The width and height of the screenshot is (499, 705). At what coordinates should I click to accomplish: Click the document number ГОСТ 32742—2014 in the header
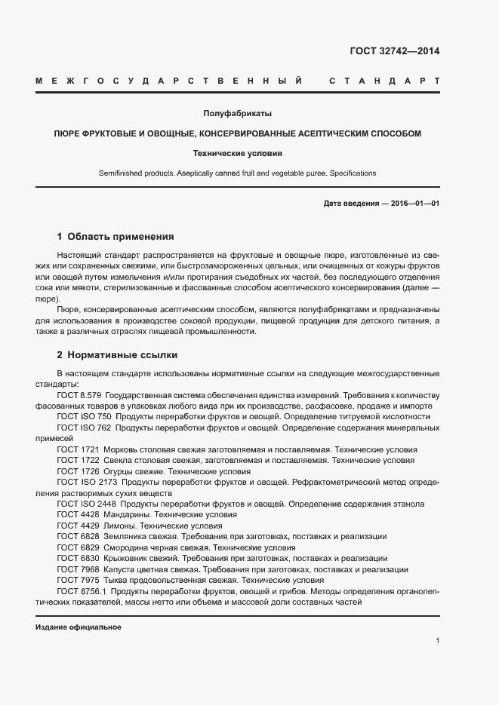click(394, 52)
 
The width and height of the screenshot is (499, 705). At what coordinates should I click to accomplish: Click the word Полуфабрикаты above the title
click(237, 113)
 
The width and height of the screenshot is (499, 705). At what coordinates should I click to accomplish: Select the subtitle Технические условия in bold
click(237, 153)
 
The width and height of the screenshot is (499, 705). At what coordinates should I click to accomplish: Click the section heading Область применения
click(121, 236)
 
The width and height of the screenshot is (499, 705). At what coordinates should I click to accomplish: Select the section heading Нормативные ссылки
click(122, 354)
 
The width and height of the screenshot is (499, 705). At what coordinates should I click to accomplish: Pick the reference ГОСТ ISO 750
click(84, 416)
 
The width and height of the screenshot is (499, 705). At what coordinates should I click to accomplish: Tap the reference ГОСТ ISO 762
click(84, 428)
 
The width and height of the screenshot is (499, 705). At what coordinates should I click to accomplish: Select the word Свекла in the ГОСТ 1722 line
click(118, 460)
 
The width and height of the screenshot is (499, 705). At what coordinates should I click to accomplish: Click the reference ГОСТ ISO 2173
click(86, 482)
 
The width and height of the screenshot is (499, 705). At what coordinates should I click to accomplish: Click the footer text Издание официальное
click(79, 627)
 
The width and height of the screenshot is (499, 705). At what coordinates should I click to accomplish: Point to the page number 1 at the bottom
click(437, 640)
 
